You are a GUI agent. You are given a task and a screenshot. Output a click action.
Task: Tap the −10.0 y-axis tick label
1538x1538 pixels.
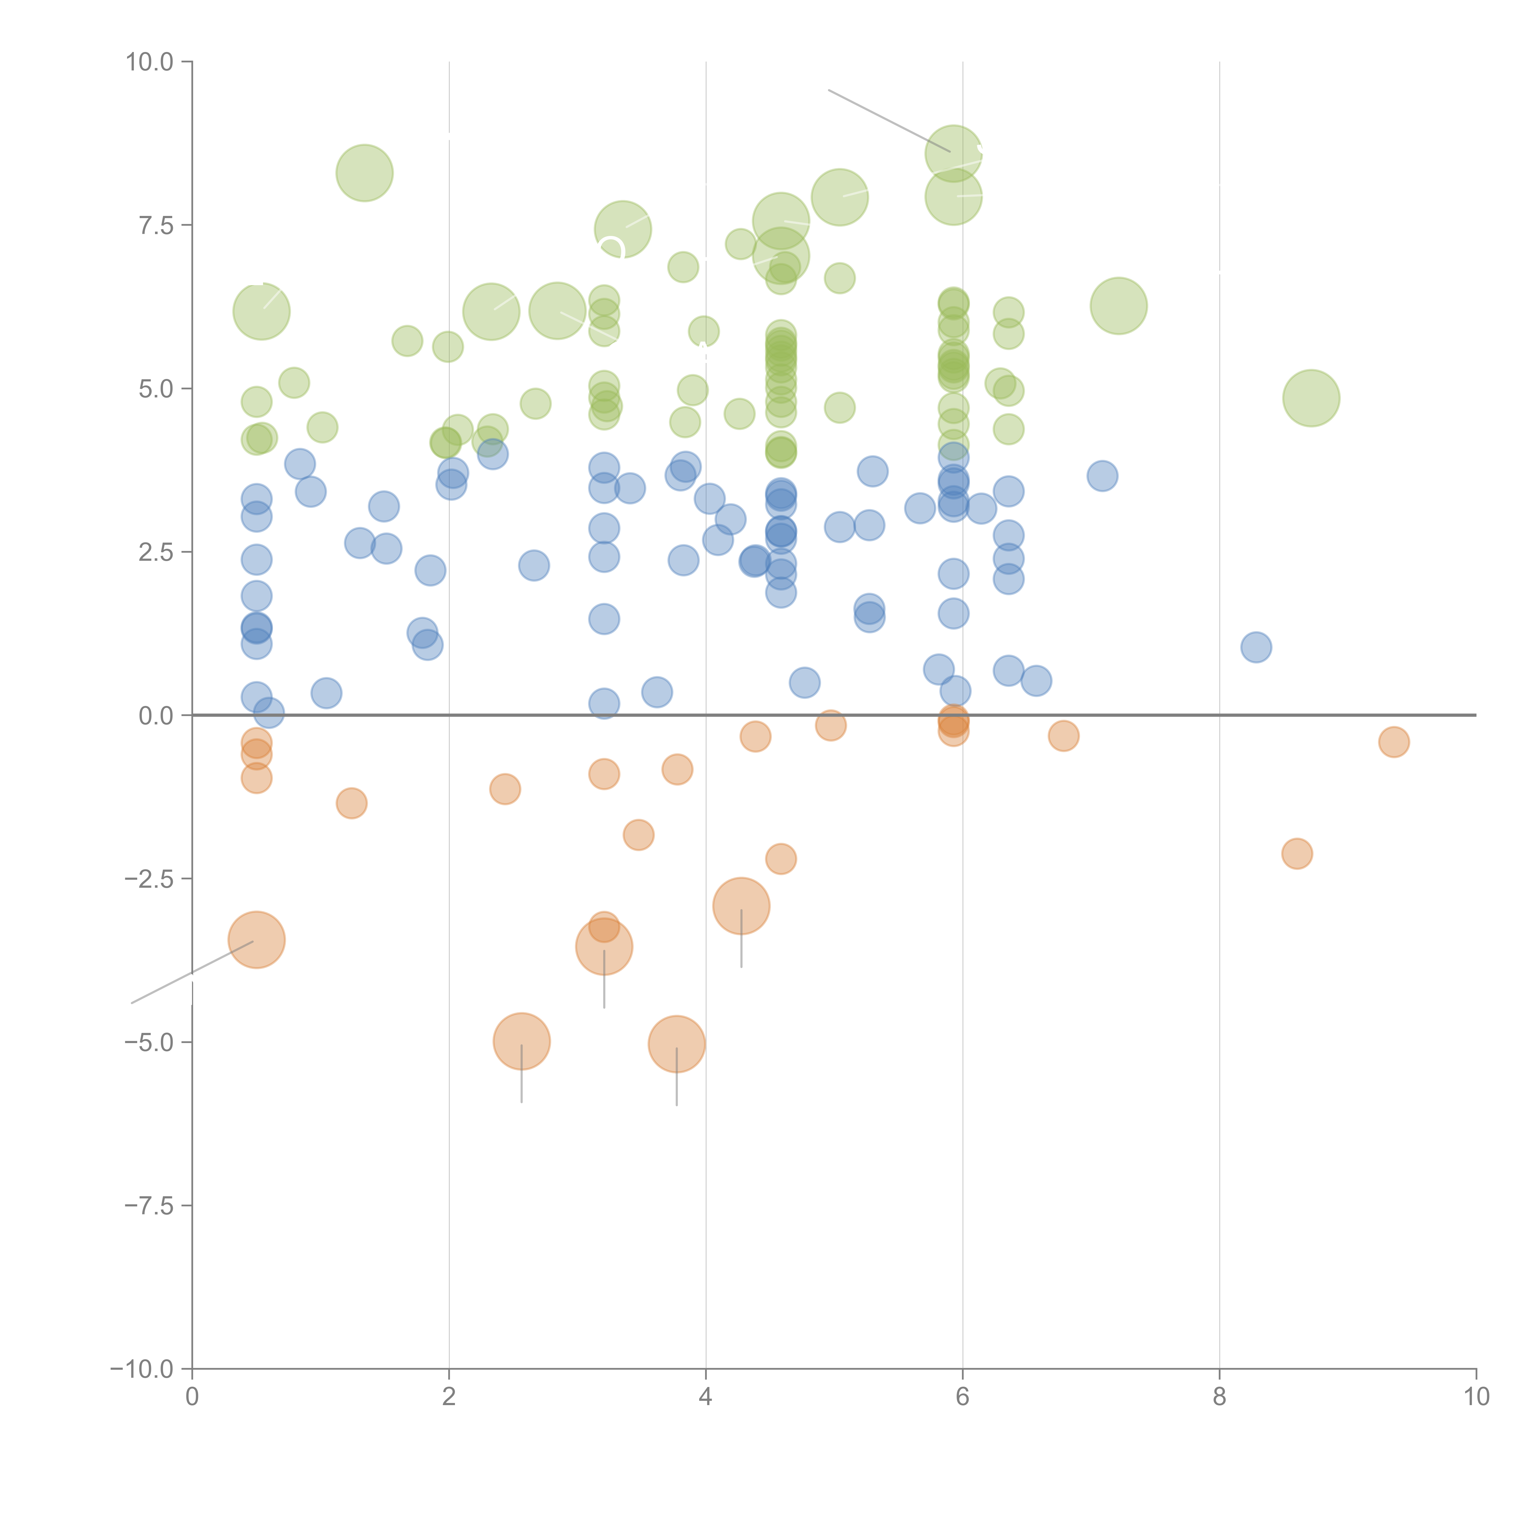click(x=142, y=1369)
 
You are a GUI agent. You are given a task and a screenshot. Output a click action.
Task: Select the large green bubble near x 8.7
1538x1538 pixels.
click(x=1311, y=398)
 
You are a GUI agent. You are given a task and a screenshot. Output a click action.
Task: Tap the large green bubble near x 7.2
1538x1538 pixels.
click(x=1118, y=306)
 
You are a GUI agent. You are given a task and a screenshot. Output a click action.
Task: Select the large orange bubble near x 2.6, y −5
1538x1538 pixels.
click(x=521, y=1041)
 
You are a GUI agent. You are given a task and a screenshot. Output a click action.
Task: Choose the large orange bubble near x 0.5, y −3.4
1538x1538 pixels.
click(x=256, y=940)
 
